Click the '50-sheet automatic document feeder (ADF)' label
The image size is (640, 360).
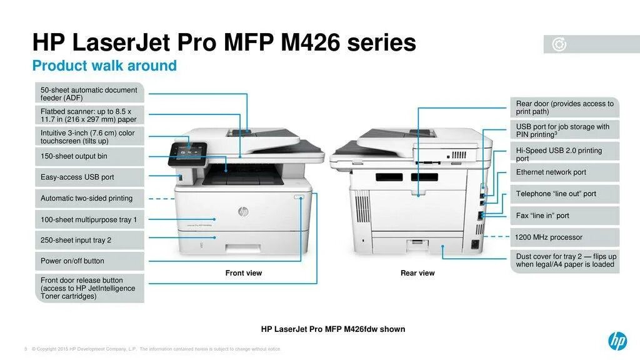pyautogui.click(x=89, y=94)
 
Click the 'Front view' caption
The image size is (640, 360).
pyautogui.click(x=244, y=273)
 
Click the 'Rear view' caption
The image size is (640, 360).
pyautogui.click(x=417, y=273)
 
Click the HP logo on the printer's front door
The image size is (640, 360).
pyautogui.click(x=243, y=212)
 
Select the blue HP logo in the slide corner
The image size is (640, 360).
pyautogui.click(x=617, y=341)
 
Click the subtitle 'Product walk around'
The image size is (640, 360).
pyautogui.click(x=104, y=66)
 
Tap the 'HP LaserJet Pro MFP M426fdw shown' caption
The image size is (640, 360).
pyautogui.click(x=333, y=329)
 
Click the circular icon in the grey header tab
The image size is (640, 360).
pyautogui.click(x=559, y=44)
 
